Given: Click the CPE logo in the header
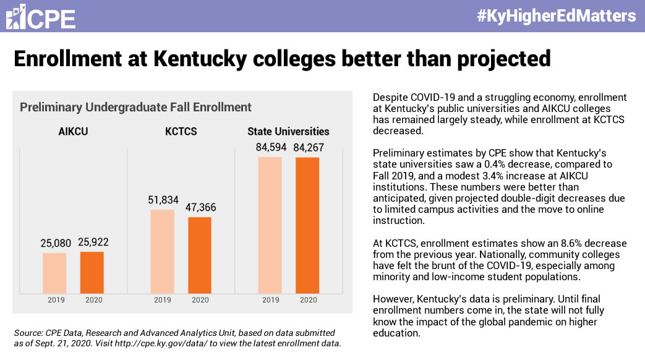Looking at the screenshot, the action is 41,17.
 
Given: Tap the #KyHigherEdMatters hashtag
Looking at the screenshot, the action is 556,16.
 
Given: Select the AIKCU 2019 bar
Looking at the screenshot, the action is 54,273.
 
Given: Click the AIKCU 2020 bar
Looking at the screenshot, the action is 92,272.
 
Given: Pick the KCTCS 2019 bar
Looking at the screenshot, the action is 162,251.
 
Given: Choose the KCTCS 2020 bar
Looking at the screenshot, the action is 200,255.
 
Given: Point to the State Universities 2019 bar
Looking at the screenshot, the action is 270,225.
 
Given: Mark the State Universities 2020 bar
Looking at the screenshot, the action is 307,225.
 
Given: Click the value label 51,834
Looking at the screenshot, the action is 163,200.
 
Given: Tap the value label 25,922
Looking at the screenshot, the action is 93,242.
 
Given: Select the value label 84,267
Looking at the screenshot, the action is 309,147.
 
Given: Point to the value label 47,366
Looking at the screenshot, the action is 201,207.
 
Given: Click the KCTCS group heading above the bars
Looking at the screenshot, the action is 181,131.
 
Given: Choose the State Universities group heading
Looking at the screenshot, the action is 288,131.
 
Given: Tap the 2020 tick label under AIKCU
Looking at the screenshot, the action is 94,300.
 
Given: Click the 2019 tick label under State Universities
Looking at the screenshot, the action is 271,300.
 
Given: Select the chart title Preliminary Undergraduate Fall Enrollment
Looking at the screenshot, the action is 135,107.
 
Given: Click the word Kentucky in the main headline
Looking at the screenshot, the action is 200,58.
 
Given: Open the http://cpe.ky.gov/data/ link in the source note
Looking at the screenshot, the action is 161,343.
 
